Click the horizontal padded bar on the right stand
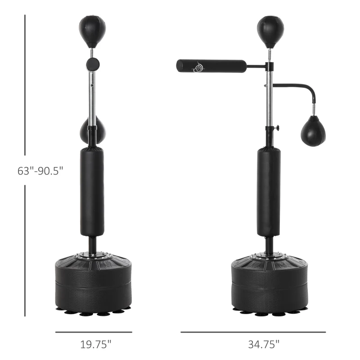point(211,66)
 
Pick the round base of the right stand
point(270,283)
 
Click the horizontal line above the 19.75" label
point(93,332)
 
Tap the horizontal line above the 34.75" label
point(253,332)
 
